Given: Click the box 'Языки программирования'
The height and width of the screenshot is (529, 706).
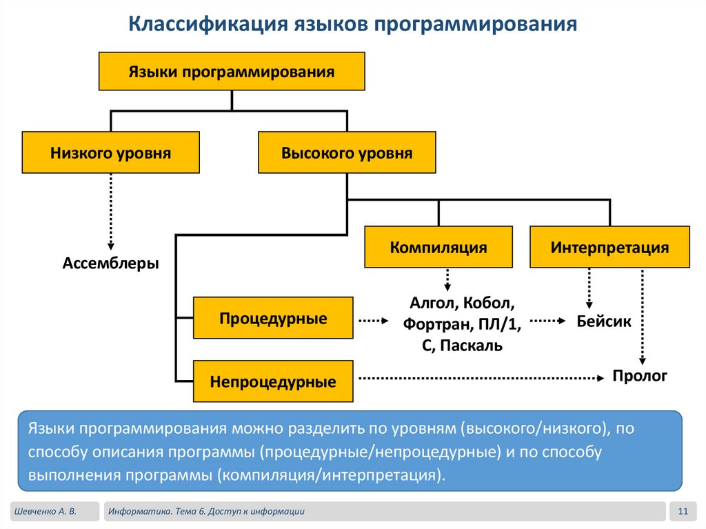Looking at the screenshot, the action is (232, 71).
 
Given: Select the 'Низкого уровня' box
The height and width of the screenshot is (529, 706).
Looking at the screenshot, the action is (111, 152).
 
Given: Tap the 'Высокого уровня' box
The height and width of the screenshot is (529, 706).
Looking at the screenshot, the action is (347, 152).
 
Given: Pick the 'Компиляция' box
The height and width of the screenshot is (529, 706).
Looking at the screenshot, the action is (438, 247).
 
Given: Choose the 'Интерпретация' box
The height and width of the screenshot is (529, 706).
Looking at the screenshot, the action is (609, 247).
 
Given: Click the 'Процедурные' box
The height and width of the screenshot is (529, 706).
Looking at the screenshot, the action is (273, 318).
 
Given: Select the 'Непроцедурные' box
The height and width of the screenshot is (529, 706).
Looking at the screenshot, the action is (273, 381).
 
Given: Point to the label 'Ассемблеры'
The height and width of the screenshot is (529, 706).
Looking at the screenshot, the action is (111, 263).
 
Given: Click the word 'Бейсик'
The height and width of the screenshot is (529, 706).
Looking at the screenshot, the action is (604, 321).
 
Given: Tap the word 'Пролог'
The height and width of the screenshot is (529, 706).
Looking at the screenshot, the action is (640, 375).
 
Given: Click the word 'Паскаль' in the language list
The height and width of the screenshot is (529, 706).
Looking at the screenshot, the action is (471, 346).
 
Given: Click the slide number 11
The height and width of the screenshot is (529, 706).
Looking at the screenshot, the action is (683, 511).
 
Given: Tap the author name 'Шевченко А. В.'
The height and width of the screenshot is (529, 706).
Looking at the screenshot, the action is (46, 512).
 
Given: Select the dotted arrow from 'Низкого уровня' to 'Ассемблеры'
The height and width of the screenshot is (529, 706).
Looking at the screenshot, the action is (111, 212).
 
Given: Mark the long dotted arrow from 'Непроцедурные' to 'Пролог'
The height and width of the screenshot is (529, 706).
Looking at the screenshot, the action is (481, 378).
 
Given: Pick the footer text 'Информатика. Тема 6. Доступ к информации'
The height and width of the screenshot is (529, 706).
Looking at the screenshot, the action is (206, 512).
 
